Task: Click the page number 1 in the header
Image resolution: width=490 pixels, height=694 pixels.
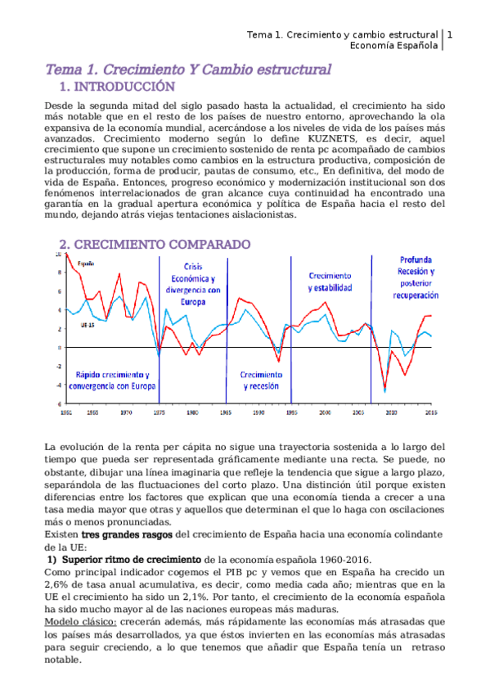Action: click(x=450, y=35)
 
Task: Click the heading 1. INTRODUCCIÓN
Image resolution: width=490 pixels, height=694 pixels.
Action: click(x=118, y=87)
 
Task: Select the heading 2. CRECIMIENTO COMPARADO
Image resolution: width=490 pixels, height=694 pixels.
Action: click(x=155, y=245)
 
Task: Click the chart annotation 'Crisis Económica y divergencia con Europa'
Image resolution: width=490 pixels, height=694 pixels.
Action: click(x=192, y=283)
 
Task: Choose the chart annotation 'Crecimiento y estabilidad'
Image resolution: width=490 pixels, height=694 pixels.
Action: click(x=330, y=282)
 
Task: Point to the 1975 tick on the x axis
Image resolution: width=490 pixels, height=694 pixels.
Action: click(x=159, y=413)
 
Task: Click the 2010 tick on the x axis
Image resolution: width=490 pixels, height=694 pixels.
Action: click(x=391, y=413)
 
